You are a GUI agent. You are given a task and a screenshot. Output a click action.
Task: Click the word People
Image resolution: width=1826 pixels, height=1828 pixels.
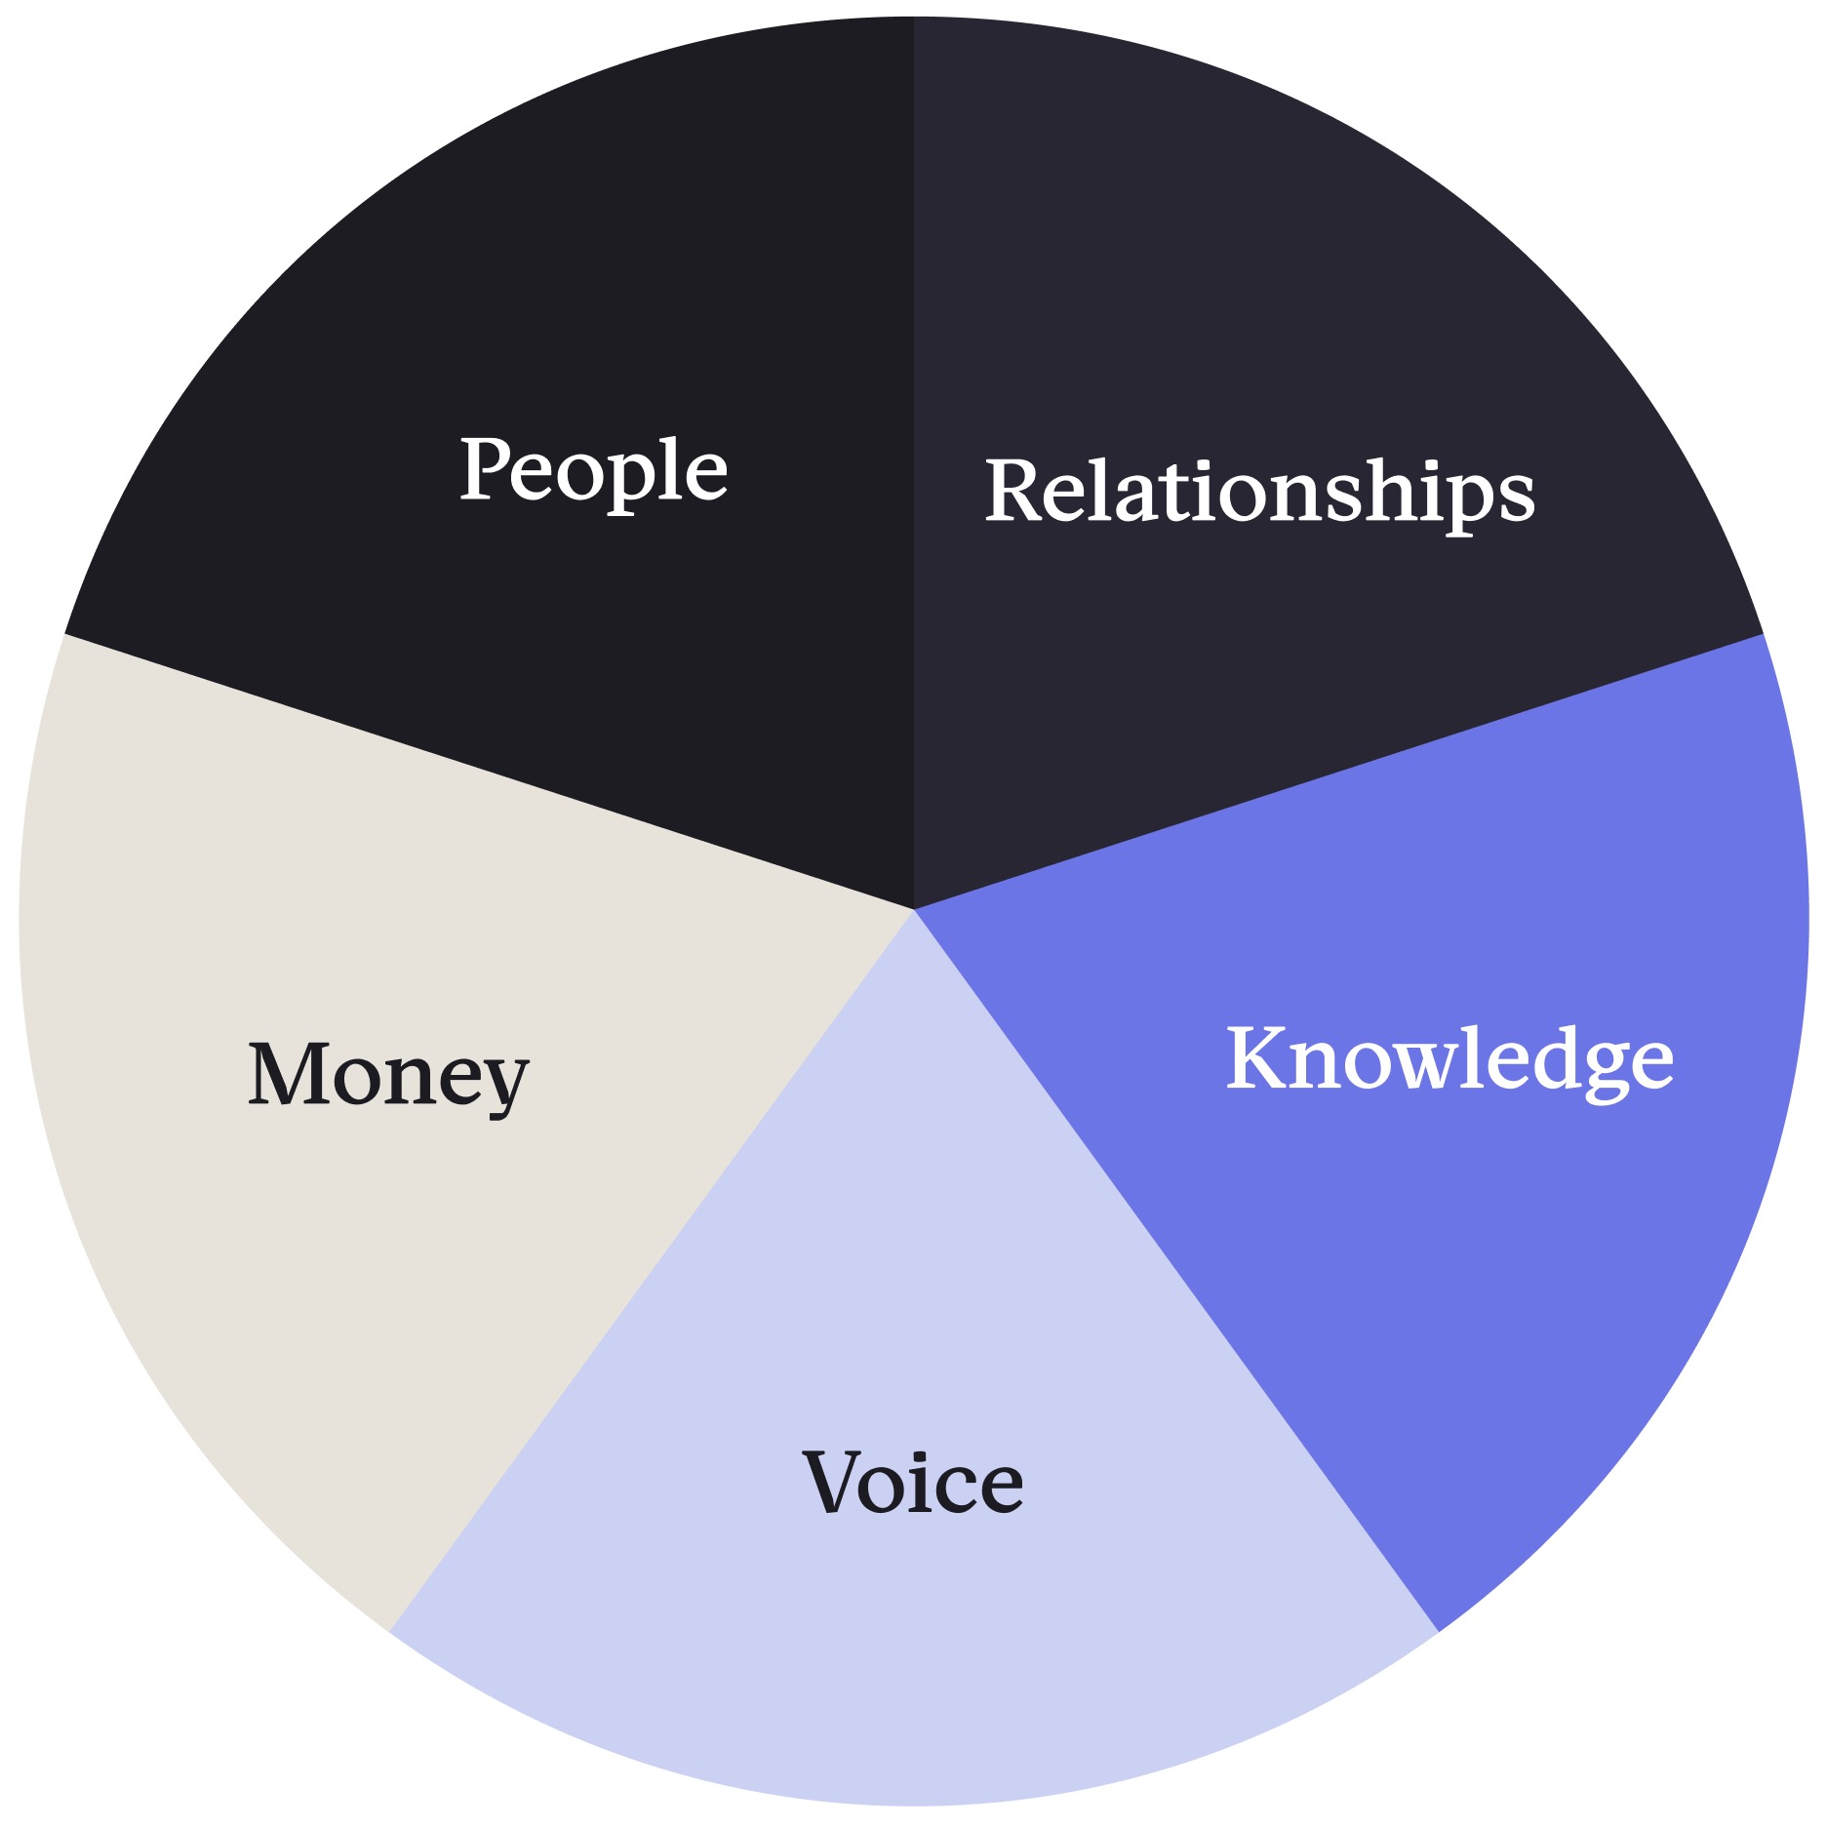click(594, 471)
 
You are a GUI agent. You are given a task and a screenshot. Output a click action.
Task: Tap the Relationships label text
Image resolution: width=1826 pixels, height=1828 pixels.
click(1260, 494)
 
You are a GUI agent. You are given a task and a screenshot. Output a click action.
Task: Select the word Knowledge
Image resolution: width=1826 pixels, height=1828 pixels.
click(1450, 1061)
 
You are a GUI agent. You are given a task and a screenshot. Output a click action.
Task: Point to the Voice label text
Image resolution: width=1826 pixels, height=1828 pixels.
click(913, 1482)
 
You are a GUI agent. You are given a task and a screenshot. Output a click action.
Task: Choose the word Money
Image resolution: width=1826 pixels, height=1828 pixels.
click(388, 1078)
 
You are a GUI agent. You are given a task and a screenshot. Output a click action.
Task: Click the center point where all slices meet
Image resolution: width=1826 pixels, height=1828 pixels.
click(914, 908)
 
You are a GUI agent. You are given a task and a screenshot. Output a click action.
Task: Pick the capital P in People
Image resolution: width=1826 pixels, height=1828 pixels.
click(488, 468)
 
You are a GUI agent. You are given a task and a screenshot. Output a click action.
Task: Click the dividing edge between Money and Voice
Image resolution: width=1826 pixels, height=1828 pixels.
click(652, 1269)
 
